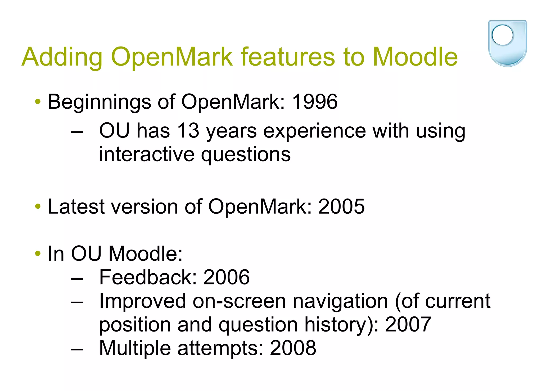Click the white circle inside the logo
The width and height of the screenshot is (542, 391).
coord(502,35)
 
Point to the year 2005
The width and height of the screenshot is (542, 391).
coord(341,206)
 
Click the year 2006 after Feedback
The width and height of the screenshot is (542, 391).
coord(227,277)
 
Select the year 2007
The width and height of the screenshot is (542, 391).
coord(408,324)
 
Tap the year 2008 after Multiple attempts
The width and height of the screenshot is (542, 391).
coord(293,348)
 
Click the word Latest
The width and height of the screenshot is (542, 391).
coord(76,206)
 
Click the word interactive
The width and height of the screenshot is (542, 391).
coord(147,154)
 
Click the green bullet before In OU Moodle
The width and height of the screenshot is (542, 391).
coord(38,254)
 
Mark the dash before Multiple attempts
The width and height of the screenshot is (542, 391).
coord(77,349)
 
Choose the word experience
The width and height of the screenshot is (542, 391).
coord(314,131)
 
